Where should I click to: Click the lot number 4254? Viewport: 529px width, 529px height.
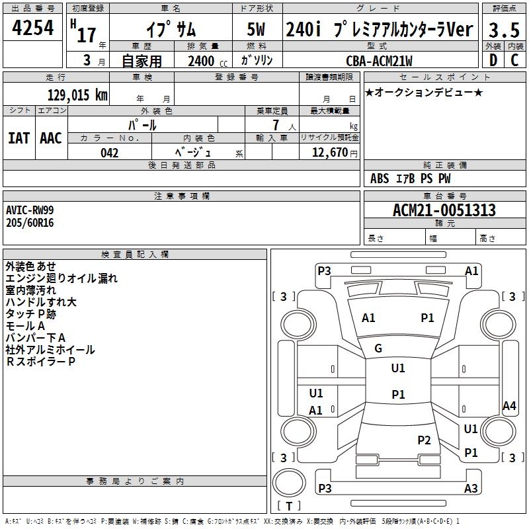[x=33, y=28]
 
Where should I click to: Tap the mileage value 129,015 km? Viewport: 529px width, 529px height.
[x=77, y=95]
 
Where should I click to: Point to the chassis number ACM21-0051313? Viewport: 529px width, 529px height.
[x=444, y=211]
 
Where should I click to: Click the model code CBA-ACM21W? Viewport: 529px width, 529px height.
[x=379, y=61]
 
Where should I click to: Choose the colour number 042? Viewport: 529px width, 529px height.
[x=110, y=153]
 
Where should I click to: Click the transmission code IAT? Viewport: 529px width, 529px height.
[x=19, y=138]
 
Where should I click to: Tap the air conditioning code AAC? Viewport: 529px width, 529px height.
[x=50, y=138]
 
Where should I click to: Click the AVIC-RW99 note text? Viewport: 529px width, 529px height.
[x=30, y=210]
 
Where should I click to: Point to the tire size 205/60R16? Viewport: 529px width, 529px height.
[x=30, y=223]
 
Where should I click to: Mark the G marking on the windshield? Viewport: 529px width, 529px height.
[x=378, y=348]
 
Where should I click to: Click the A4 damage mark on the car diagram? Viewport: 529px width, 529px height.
[x=509, y=406]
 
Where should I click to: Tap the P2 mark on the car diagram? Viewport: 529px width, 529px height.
[x=424, y=440]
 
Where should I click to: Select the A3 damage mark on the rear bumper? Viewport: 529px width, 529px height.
[x=471, y=489]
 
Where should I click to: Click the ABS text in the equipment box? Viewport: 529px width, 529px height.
[x=380, y=179]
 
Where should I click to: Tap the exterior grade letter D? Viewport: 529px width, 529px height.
[x=493, y=61]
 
